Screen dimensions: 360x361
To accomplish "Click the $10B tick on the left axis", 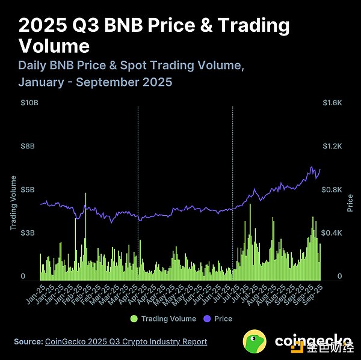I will [x=30, y=103].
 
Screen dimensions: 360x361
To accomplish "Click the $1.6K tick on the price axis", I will [x=332, y=103].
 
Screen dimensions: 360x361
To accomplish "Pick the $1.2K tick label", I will [x=332, y=146].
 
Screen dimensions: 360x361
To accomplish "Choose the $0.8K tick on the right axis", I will [x=332, y=189].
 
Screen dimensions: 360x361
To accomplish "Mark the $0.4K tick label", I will [x=332, y=233].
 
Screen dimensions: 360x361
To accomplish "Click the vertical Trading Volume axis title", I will [x=13, y=204].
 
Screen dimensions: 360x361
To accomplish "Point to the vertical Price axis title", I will [x=350, y=203].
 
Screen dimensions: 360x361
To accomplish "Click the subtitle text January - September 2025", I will [x=96, y=81].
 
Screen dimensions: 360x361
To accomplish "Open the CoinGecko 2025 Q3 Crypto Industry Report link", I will [x=126, y=341].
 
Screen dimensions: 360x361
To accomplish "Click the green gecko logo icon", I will [x=255, y=341].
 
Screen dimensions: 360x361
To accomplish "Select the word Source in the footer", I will [x=28, y=341].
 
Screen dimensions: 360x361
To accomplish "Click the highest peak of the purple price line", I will [x=312, y=166].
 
